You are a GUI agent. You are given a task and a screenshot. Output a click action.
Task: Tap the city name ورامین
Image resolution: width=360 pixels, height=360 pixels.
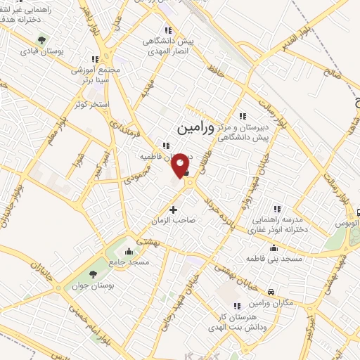(191, 129)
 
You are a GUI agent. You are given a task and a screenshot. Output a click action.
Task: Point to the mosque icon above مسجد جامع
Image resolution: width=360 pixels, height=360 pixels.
(128, 252)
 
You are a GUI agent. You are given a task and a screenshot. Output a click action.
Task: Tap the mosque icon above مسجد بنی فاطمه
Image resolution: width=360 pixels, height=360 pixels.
(273, 249)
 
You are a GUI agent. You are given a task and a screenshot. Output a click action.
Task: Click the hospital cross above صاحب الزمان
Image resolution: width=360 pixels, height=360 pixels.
(173, 210)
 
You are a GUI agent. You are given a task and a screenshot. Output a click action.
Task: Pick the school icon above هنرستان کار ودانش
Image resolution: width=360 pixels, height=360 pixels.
(237, 306)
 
